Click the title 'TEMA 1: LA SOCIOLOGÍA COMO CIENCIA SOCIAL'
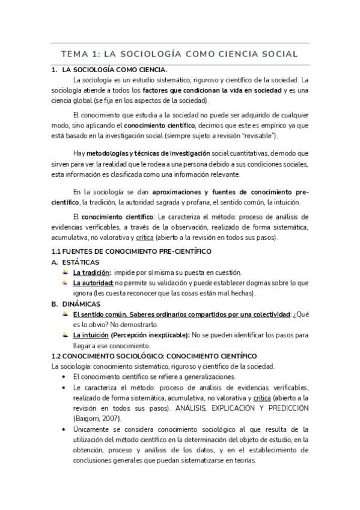tap(180, 54)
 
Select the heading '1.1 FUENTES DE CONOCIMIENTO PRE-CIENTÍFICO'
tap(132, 251)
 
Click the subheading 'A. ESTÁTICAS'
tap(78, 262)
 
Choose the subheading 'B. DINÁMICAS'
tap(79, 304)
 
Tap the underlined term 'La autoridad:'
tap(93, 283)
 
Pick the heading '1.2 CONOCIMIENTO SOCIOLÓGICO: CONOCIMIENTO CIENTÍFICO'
tap(154, 355)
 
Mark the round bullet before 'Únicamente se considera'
tap(65, 429)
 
